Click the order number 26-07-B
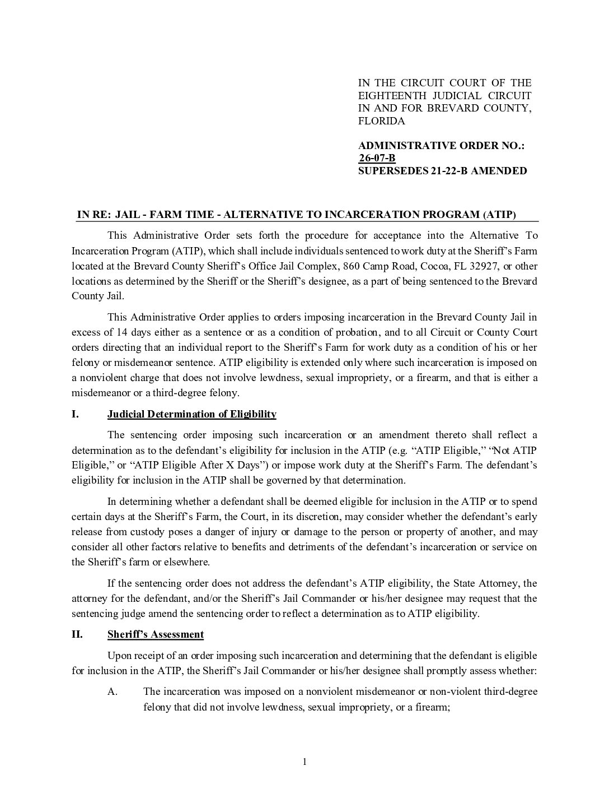click(377, 159)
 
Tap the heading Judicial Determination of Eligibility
click(191, 414)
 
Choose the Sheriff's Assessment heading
click(155, 634)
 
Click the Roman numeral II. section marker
click(77, 634)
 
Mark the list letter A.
click(112, 691)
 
